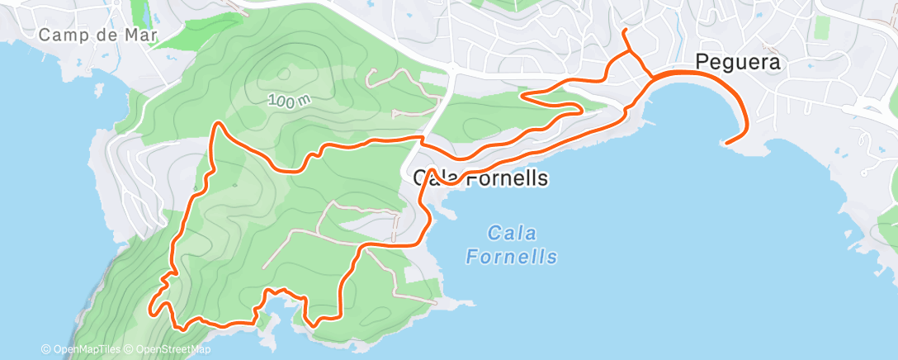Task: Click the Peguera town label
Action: coord(737,62)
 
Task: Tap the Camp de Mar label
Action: coord(98,36)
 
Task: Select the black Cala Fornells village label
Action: coord(480,178)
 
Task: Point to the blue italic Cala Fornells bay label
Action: coord(511,244)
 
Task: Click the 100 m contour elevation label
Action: coord(289,100)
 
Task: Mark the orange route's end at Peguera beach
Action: coord(725,143)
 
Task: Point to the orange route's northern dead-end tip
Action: coord(624,31)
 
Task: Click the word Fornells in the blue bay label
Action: coord(511,257)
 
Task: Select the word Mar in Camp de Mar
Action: coord(142,36)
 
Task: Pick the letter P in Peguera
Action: coord(702,62)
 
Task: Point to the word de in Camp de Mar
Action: coord(111,36)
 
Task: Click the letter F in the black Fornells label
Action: coord(475,178)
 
